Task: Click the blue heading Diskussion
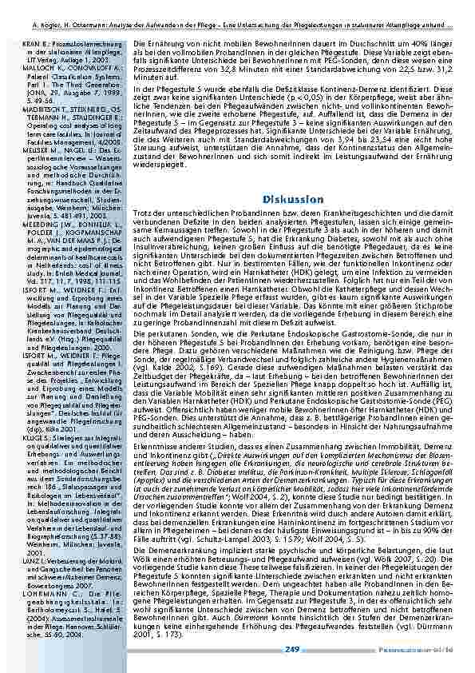[291, 198]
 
